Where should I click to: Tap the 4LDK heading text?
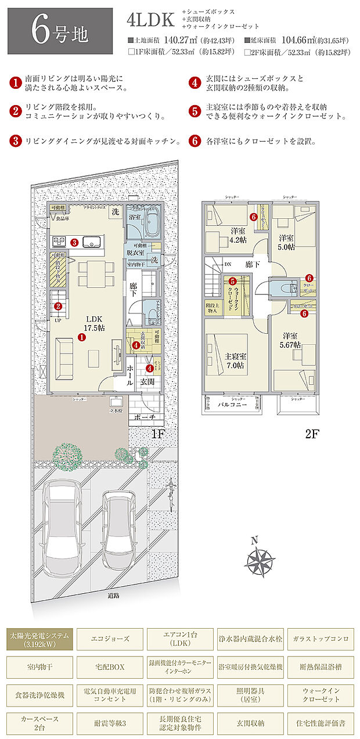(150, 20)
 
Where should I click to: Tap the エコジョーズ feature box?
(110, 639)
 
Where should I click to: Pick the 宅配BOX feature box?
(110, 666)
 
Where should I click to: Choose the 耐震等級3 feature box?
(110, 723)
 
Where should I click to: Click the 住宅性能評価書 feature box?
(320, 723)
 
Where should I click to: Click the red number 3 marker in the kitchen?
(74, 242)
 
